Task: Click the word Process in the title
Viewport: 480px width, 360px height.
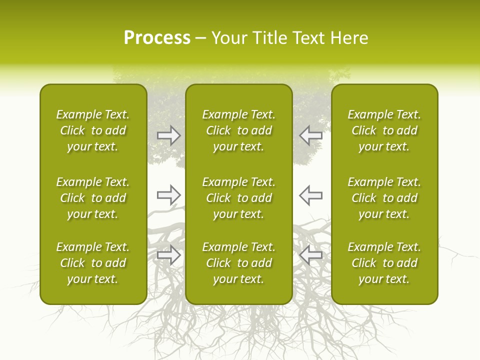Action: coord(157,38)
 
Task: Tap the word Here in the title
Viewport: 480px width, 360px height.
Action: coord(350,38)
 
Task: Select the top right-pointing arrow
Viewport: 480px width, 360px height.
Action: coord(169,135)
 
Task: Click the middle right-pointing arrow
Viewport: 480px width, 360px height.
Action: coord(169,195)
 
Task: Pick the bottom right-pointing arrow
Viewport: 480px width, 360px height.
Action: coord(169,255)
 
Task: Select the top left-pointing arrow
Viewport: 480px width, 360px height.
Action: coord(310,135)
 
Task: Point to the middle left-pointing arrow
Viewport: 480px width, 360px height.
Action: coord(310,195)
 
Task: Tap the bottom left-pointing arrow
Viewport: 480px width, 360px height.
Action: coord(310,255)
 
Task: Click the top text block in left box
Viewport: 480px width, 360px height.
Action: coord(93,130)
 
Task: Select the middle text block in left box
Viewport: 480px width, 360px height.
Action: coord(93,198)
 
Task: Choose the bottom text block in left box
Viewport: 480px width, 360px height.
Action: coord(93,263)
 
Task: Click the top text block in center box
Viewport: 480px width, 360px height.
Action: coord(238,130)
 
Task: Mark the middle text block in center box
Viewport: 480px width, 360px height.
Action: coord(238,198)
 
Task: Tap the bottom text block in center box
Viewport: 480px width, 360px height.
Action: coord(238,263)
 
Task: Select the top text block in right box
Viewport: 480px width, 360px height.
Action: coord(384,130)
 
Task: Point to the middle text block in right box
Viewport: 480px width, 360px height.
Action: coord(384,198)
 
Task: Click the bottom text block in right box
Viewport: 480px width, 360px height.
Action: coord(384,263)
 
